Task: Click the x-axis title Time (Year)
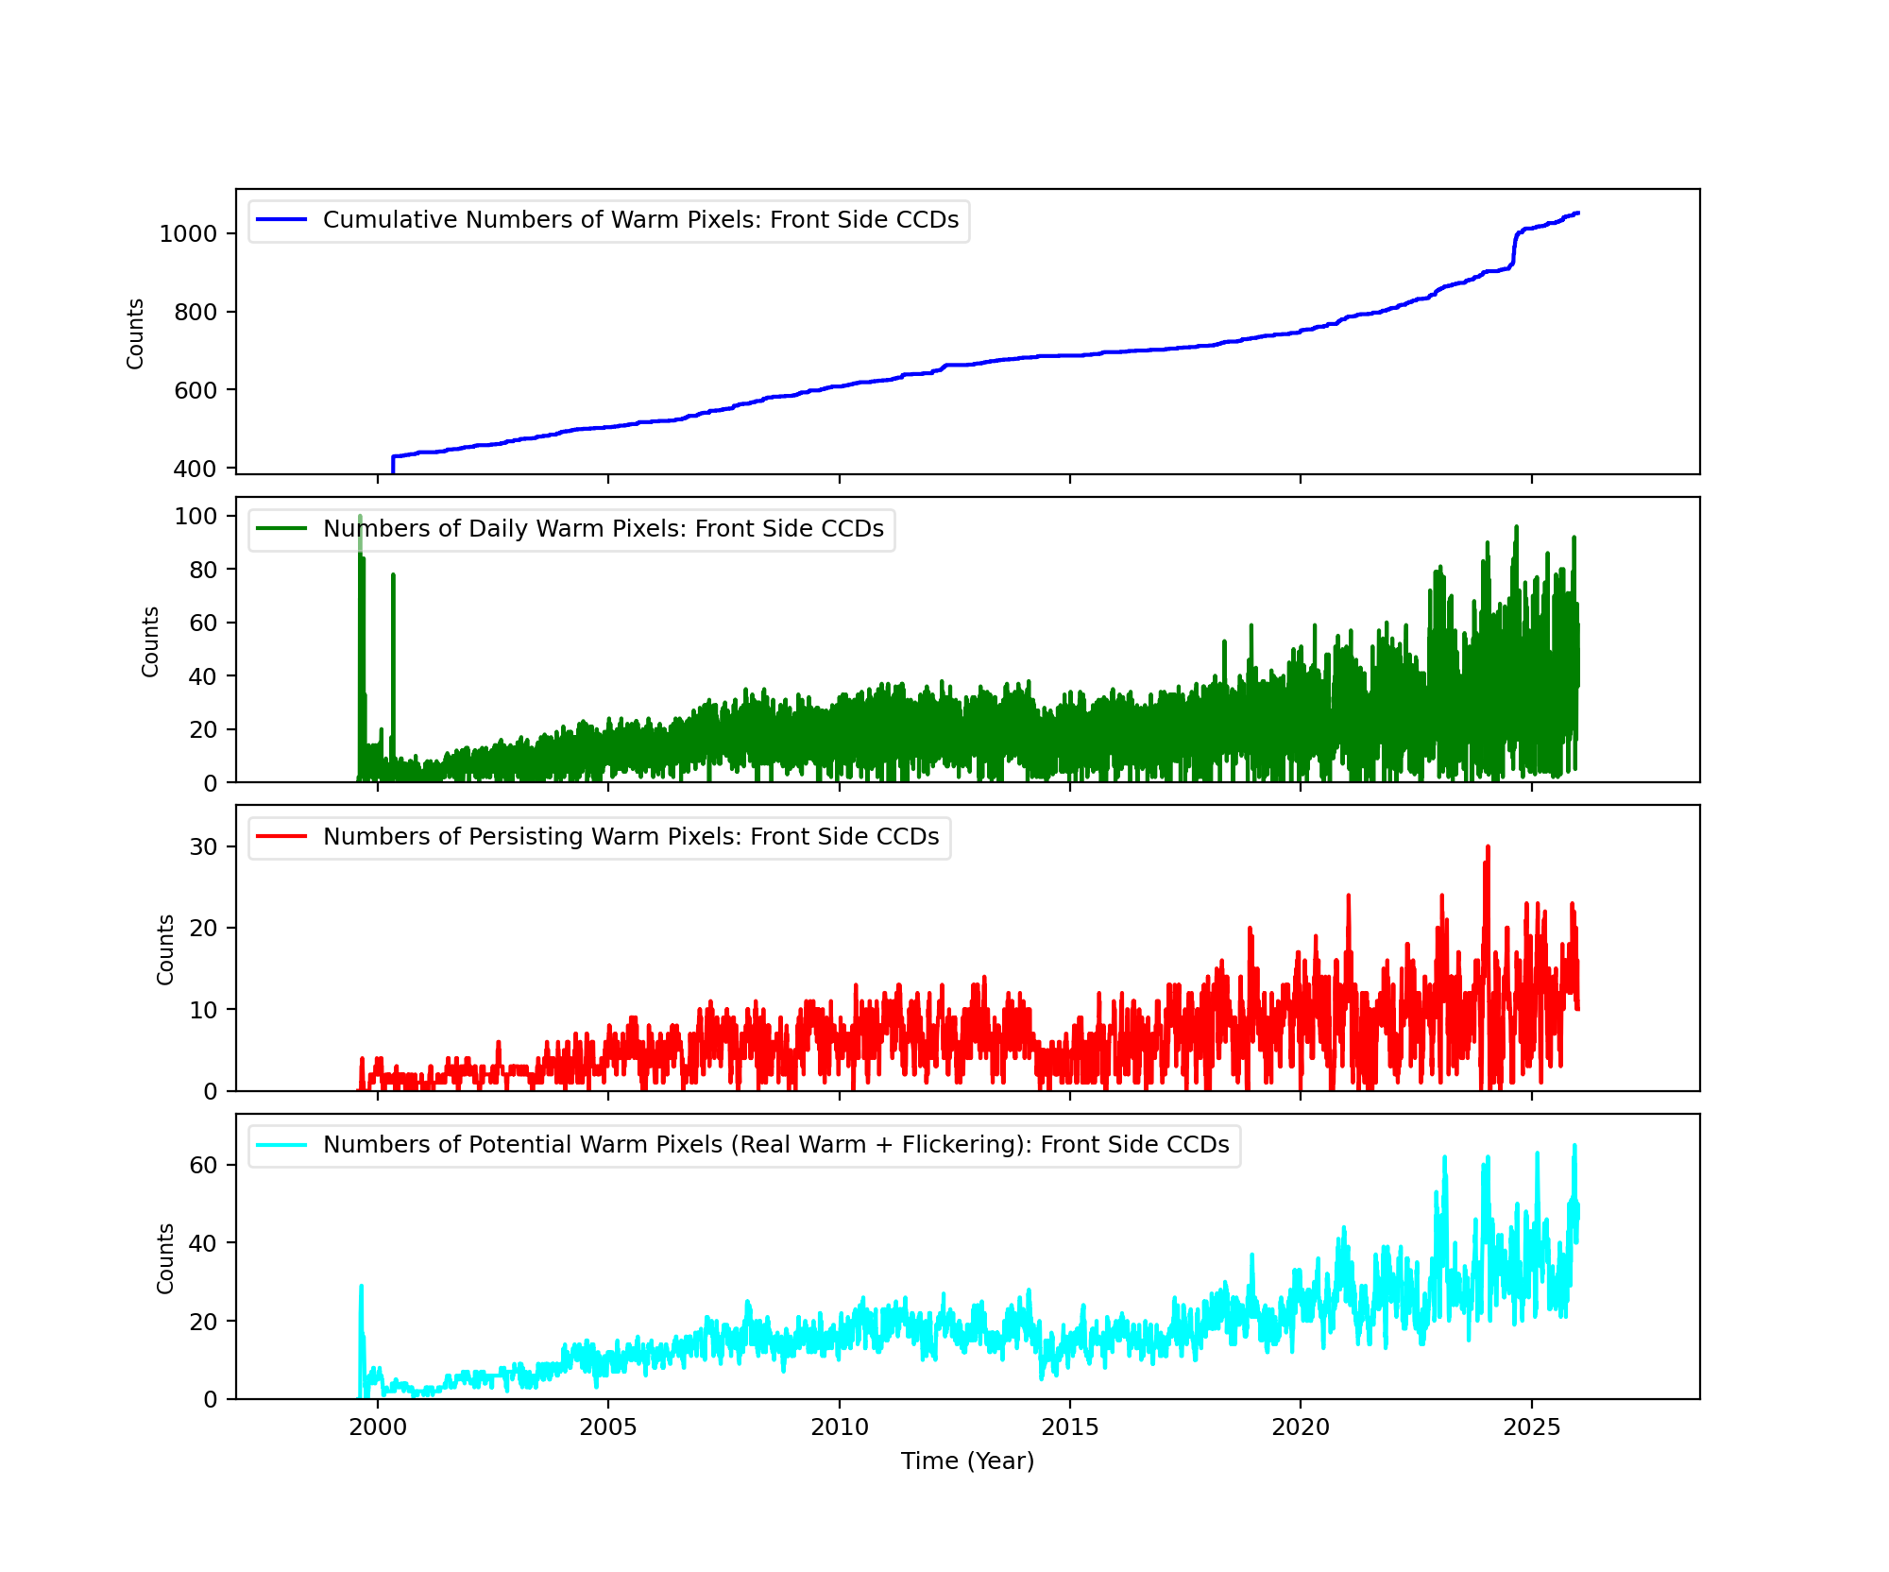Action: [x=967, y=1461]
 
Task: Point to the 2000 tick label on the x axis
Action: [x=378, y=1427]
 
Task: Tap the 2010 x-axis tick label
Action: [x=839, y=1427]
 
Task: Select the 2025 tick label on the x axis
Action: [x=1531, y=1427]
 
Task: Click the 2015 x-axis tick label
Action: [x=1069, y=1427]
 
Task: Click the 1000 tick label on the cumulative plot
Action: [x=187, y=233]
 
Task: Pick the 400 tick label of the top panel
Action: [x=195, y=469]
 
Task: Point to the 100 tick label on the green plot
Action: [x=195, y=516]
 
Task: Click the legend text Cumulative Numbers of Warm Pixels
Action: [x=640, y=220]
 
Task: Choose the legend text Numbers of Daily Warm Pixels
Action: [x=603, y=529]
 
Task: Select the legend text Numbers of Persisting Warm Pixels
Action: [x=631, y=837]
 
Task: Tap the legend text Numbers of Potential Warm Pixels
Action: [x=775, y=1145]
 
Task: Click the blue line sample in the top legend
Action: [x=281, y=220]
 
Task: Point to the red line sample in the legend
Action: [x=281, y=837]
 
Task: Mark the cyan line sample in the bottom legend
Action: [x=281, y=1145]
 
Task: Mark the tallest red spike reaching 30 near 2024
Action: [x=1488, y=848]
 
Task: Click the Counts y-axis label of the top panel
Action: [x=136, y=333]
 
